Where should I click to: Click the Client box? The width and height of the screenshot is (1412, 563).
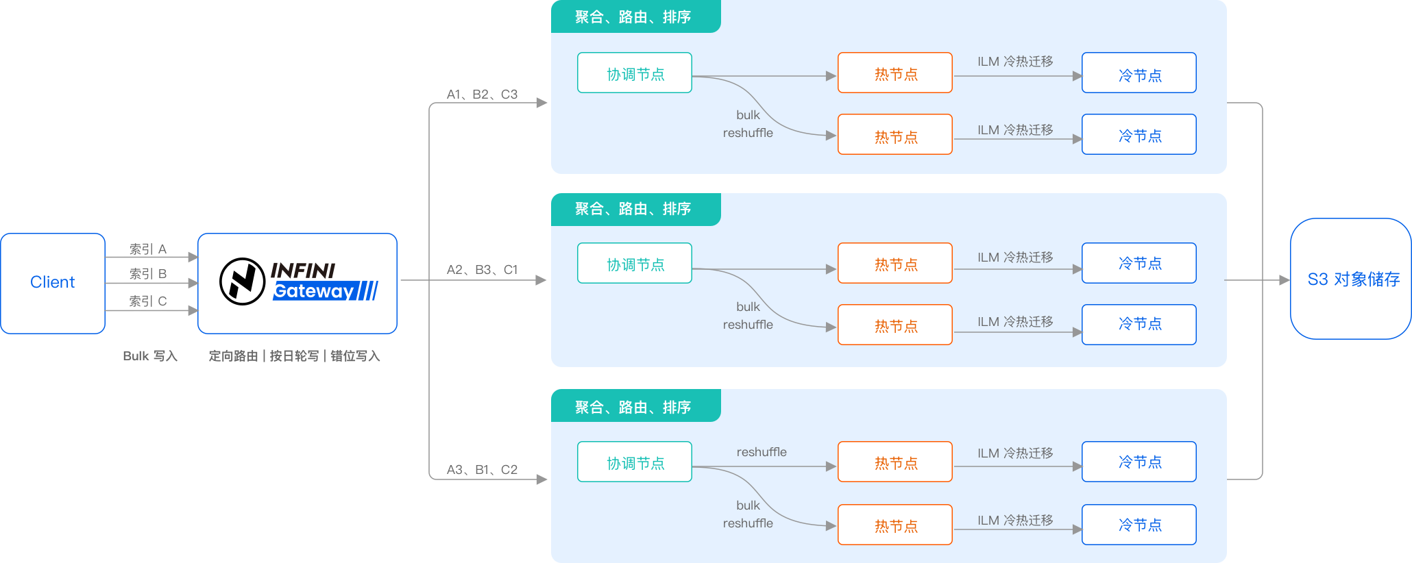coord(53,283)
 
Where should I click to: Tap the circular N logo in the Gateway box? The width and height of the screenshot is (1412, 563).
coord(242,281)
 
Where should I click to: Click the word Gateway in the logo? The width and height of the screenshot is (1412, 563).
coord(313,292)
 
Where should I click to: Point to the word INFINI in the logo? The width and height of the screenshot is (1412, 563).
coord(303,271)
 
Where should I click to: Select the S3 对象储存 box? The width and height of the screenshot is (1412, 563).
coord(1350,279)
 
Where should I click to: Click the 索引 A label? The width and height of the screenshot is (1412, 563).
coord(148,249)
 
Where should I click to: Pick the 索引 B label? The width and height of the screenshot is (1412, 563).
coord(148,273)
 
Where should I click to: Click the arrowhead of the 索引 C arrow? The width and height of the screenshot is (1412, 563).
coord(193,311)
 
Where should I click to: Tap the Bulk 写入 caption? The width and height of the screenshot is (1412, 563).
coord(150,356)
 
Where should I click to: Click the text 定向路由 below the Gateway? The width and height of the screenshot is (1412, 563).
coord(233,356)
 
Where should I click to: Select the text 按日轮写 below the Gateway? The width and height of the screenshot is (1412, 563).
coord(294,356)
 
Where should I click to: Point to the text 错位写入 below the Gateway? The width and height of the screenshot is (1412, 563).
coord(355,356)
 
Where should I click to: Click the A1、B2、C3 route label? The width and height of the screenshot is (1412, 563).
coord(482,95)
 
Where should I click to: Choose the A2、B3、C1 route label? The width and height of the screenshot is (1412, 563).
coord(482,270)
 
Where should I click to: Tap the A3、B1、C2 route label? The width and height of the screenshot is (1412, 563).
coord(482,470)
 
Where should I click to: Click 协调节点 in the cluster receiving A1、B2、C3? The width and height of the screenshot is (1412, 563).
coord(635,73)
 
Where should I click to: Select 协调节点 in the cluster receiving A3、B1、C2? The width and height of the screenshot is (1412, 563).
coord(635,462)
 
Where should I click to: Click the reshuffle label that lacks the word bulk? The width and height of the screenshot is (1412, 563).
coord(762,452)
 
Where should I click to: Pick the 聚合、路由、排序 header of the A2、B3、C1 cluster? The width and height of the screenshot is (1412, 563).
coord(633,209)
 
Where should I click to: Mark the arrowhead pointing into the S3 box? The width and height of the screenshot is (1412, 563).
coord(1285,280)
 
